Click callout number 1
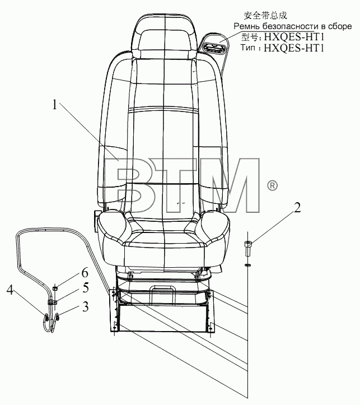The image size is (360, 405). pyautogui.click(x=54, y=105)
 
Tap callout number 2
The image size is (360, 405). pyautogui.click(x=297, y=208)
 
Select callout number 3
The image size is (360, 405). pyautogui.click(x=85, y=306)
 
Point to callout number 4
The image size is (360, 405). pyautogui.click(x=10, y=290)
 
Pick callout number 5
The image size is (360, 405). pyautogui.click(x=86, y=288)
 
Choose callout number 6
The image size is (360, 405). pyautogui.click(x=85, y=273)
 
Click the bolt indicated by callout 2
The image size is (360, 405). pyautogui.click(x=247, y=248)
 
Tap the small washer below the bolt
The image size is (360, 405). pyautogui.click(x=247, y=265)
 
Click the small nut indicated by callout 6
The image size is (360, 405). pyautogui.click(x=55, y=288)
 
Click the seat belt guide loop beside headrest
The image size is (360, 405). pyautogui.click(x=213, y=43)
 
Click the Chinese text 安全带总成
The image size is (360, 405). pyautogui.click(x=265, y=16)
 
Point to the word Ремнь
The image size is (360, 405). pyautogui.click(x=247, y=26)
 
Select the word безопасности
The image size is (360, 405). pyautogui.click(x=291, y=26)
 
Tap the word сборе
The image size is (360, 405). pyautogui.click(x=340, y=27)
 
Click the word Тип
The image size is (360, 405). pyautogui.click(x=247, y=48)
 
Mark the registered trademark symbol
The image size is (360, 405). pyautogui.click(x=272, y=186)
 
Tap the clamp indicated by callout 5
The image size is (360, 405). pyautogui.click(x=52, y=302)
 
